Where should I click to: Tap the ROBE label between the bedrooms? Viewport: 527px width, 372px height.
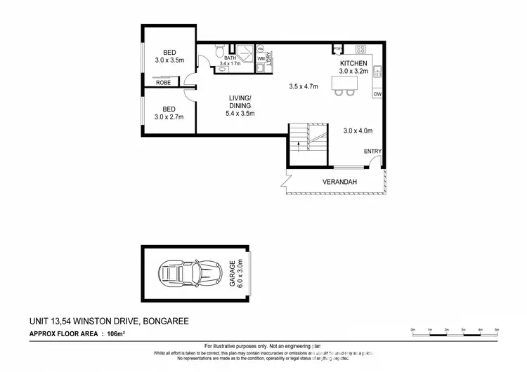tap(163, 82)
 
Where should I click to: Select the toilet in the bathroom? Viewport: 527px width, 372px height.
tap(220, 50)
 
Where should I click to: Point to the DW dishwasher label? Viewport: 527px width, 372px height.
tap(377, 94)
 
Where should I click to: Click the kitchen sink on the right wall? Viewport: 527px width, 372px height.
tap(378, 69)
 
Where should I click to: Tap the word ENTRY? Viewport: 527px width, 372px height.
tap(372, 152)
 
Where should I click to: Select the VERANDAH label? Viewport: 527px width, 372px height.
tap(341, 183)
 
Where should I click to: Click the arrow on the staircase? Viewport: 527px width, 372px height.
tap(300, 145)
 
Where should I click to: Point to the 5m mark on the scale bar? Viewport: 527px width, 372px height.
tap(497, 329)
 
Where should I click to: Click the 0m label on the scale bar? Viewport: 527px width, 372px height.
tap(414, 329)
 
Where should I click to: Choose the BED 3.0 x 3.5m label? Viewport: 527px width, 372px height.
tap(169, 56)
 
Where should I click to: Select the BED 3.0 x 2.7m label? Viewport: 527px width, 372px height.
tap(169, 112)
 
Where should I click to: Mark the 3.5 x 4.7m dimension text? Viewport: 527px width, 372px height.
tap(304, 87)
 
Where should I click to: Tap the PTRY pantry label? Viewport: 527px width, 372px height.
tap(337, 48)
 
